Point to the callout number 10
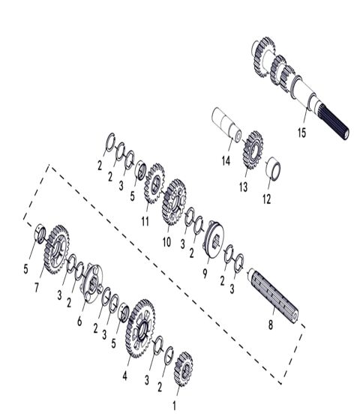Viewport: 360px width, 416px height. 166,241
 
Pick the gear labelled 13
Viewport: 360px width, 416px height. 250,146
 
